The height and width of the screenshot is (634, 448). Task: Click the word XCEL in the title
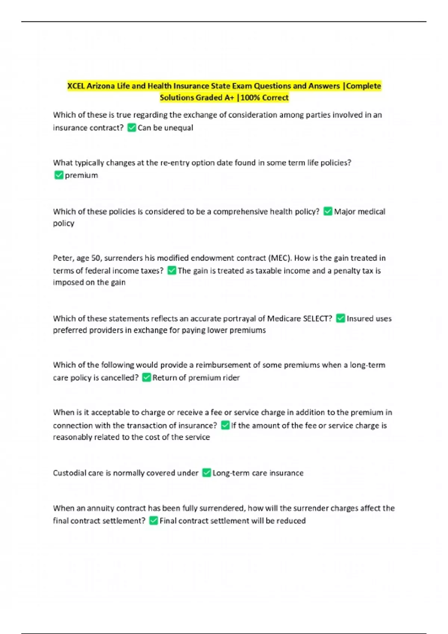76,86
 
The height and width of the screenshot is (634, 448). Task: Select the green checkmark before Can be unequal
131,128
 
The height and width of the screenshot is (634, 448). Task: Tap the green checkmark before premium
59,175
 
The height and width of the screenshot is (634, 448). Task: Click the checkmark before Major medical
327,211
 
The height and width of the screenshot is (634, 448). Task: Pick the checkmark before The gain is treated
171,271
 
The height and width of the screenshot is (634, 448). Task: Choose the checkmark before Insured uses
340,318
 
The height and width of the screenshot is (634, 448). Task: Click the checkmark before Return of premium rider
146,378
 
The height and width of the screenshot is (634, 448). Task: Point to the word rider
231,378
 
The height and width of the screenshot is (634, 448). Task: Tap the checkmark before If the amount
225,426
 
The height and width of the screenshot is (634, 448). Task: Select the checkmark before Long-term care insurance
206,473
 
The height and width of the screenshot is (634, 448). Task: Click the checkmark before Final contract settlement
153,521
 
